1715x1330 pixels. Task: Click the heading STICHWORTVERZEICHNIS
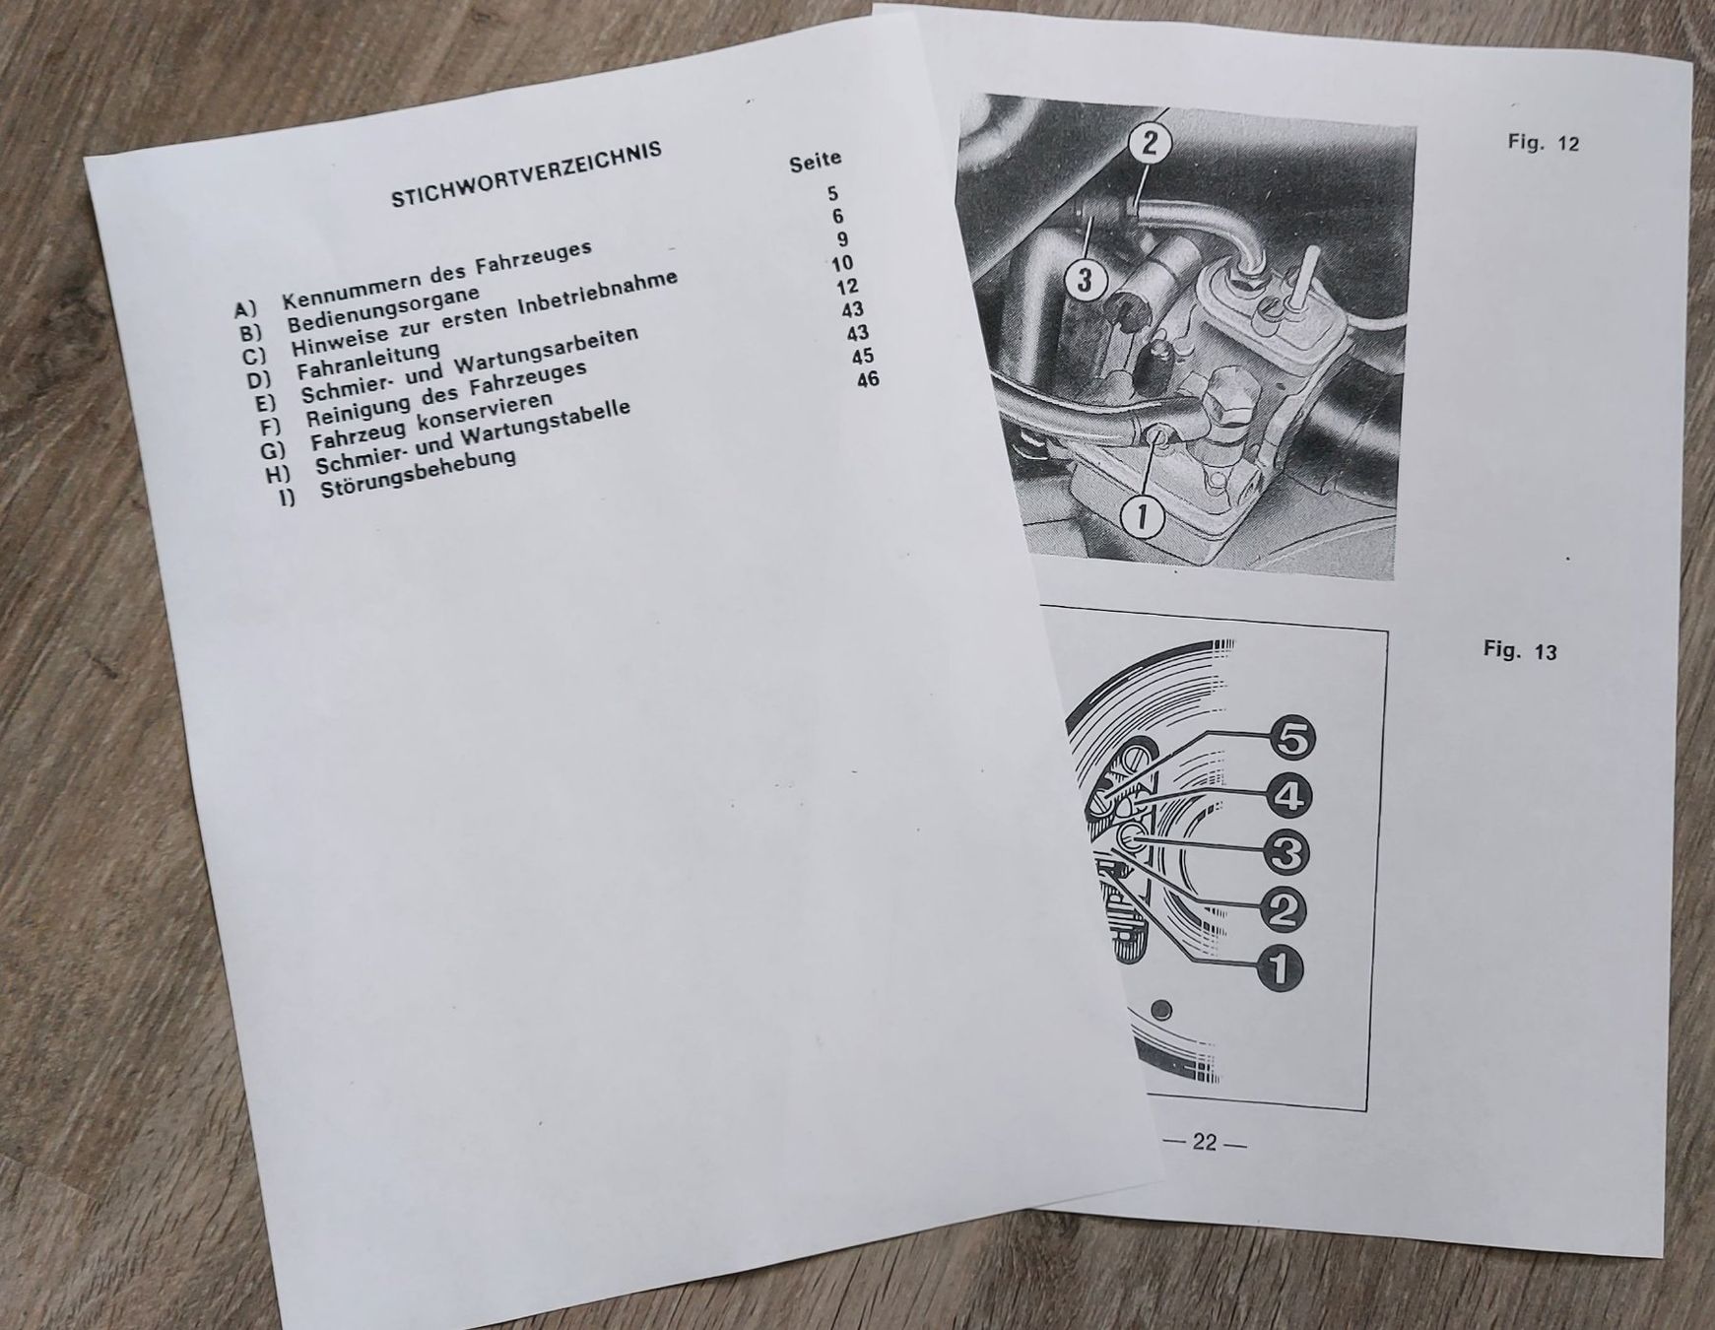tap(526, 173)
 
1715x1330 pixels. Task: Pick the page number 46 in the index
tap(868, 378)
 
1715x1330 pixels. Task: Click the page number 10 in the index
tap(842, 263)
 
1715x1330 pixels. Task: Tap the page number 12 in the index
tap(847, 287)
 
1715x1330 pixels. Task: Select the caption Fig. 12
tap(1543, 142)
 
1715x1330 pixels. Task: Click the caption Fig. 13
tap(1520, 650)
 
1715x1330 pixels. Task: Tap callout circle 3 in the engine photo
tap(1085, 280)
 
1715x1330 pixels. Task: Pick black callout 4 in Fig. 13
tap(1288, 795)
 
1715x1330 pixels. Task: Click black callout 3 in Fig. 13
tap(1286, 852)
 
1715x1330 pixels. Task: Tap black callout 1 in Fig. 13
tap(1278, 966)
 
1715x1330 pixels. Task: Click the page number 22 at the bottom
tap(1205, 1142)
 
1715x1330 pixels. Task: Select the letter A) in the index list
tap(245, 309)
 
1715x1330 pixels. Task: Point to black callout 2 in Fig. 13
tap(1282, 909)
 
